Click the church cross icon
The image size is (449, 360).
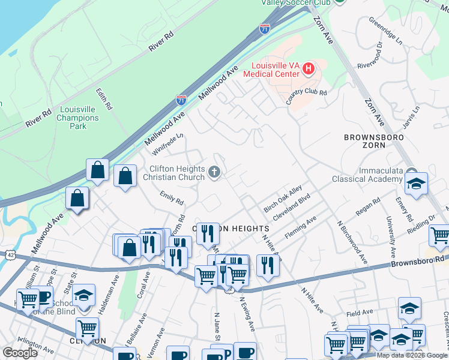(214, 173)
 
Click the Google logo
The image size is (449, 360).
(20, 353)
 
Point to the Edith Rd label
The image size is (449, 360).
(104, 99)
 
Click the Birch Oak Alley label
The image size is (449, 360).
(283, 199)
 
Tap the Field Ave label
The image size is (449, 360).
(360, 314)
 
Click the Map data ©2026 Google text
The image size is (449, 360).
(412, 355)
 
